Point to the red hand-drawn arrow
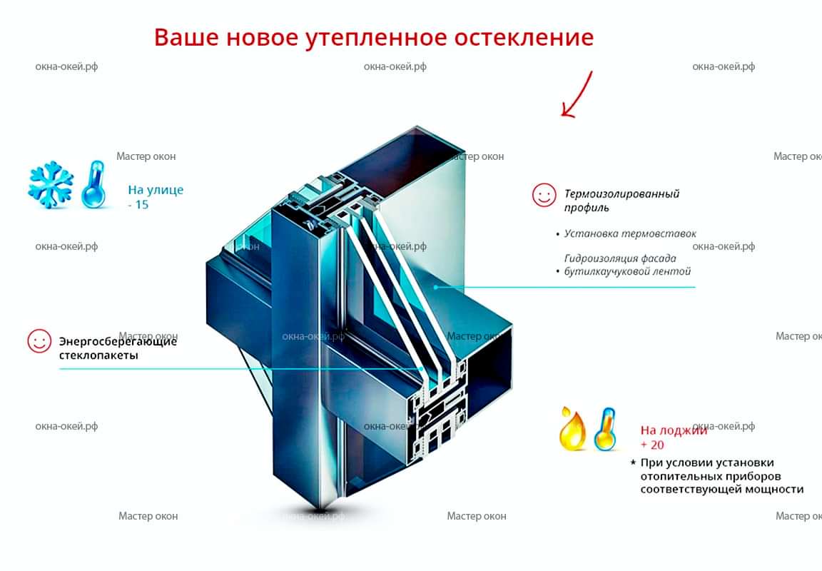coord(577,95)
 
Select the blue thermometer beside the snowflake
coord(94,186)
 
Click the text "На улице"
coord(156,190)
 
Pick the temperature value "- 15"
coord(138,205)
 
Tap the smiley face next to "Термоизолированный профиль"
coord(544,195)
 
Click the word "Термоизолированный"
coord(621,193)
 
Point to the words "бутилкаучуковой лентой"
coord(627,271)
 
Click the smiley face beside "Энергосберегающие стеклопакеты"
coord(39,340)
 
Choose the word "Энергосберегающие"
coord(118,341)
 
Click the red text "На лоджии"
coord(674,430)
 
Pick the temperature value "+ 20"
coord(652,445)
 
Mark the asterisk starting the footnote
coord(633,463)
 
